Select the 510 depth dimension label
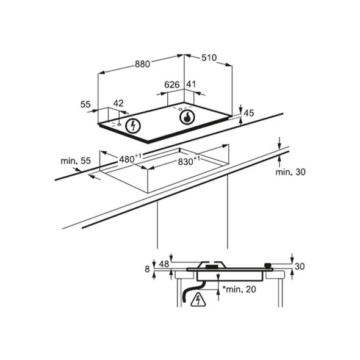tap(209, 58)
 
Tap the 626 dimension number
tap(172, 85)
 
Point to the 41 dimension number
tap(191, 85)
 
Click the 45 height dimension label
tap(248, 113)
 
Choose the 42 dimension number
tap(119, 104)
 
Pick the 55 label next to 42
tap(85, 104)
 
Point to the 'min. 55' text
tap(76, 160)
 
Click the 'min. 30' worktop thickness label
tap(290, 172)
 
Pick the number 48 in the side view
tap(164, 264)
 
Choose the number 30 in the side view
tap(298, 266)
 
